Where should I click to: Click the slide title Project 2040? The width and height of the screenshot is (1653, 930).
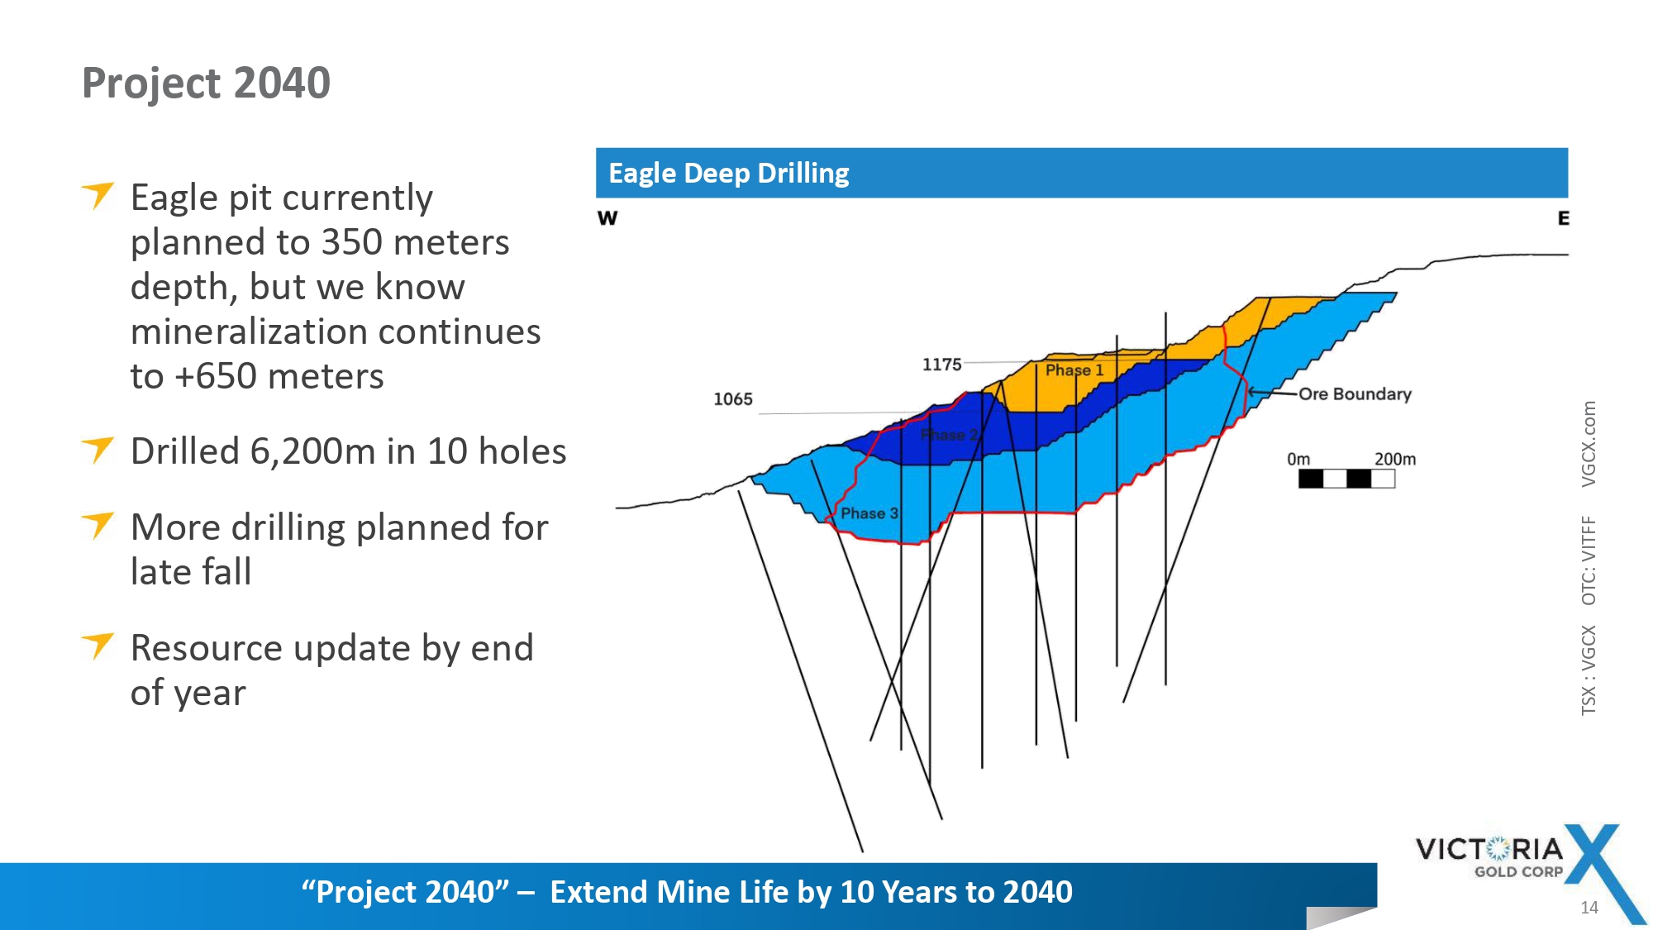pos(206,83)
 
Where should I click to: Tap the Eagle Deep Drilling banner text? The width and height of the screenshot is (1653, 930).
pos(728,174)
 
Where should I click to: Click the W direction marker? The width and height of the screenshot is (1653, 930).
pos(607,218)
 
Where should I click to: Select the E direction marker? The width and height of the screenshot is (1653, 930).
pos(1563,218)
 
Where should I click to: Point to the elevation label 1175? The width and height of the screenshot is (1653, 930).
pos(941,365)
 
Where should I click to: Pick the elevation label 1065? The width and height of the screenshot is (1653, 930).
pos(733,399)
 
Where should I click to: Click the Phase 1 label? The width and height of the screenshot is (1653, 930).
pos(1074,370)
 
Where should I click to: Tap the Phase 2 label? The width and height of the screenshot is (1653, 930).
pos(950,435)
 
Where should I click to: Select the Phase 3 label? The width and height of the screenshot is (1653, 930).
pos(869,513)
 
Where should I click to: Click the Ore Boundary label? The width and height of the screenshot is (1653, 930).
pos(1355,394)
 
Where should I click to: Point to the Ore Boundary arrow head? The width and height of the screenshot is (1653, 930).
pos(1250,392)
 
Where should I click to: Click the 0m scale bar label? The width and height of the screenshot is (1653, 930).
pos(1298,459)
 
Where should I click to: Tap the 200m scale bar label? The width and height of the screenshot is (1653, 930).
pos(1395,459)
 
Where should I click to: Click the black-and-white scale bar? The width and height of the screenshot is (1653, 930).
pos(1346,479)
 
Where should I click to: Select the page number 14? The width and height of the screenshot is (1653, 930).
pos(1589,908)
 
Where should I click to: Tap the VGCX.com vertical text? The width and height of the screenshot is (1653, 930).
pos(1589,444)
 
